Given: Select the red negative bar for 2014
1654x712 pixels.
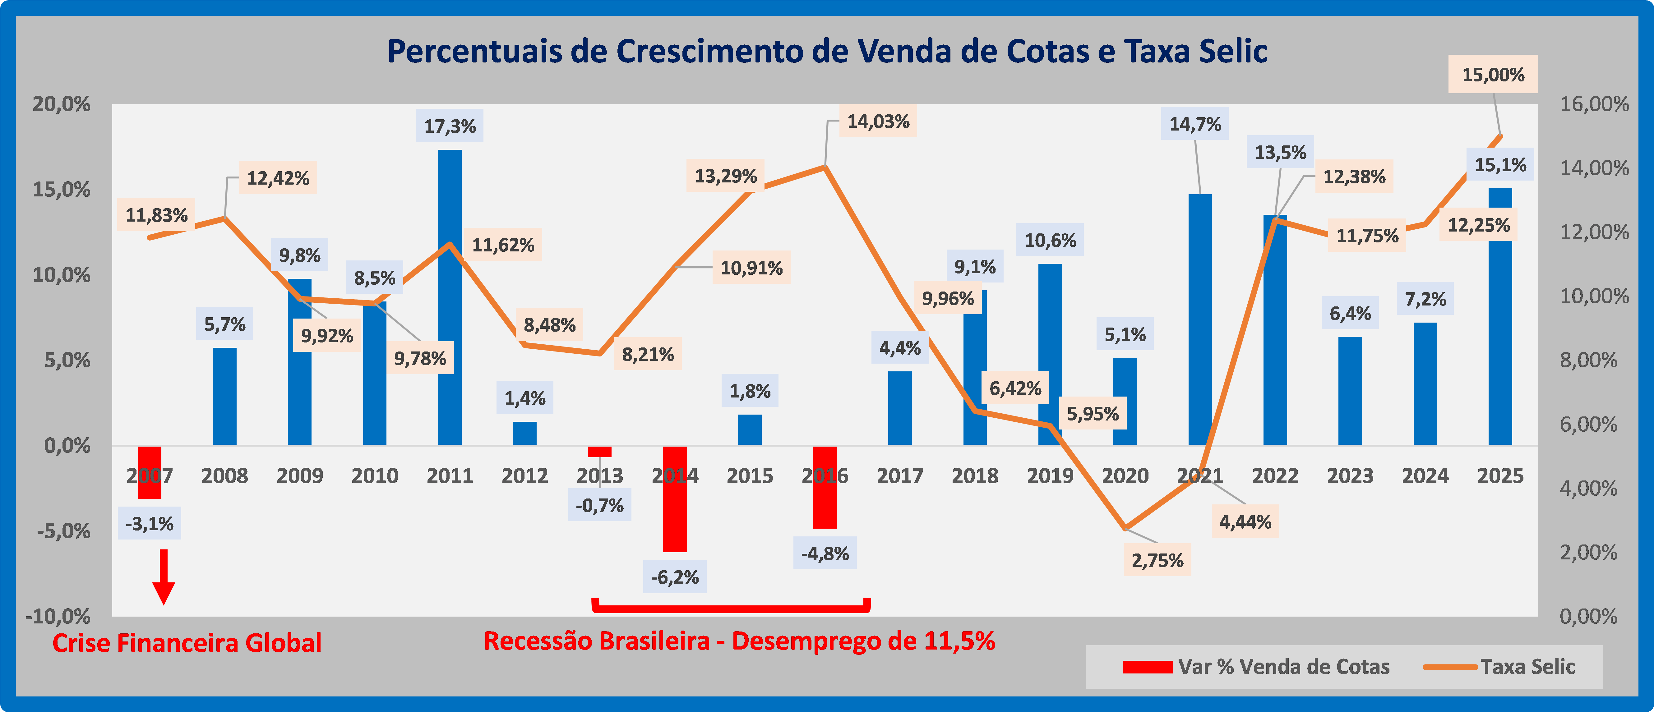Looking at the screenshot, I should (675, 514).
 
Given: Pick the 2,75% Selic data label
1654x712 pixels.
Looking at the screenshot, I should (1157, 560).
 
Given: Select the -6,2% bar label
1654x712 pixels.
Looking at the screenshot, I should (675, 577).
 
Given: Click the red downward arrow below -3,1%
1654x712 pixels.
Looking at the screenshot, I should (164, 578).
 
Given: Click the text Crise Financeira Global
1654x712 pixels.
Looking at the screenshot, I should (187, 643).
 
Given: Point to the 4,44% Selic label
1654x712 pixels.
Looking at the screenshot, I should (1245, 522).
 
